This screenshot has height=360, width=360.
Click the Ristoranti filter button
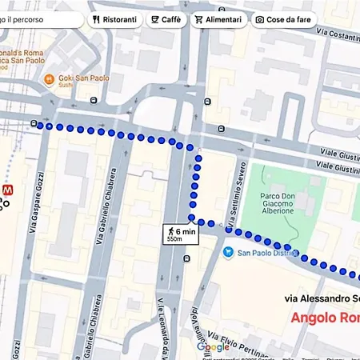tap(114, 19)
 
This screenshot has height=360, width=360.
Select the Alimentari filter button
tap(218, 19)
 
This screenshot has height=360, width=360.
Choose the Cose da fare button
tap(284, 19)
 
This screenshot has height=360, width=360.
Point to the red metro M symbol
tap(9, 190)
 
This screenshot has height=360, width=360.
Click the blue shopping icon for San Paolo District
tap(229, 253)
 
